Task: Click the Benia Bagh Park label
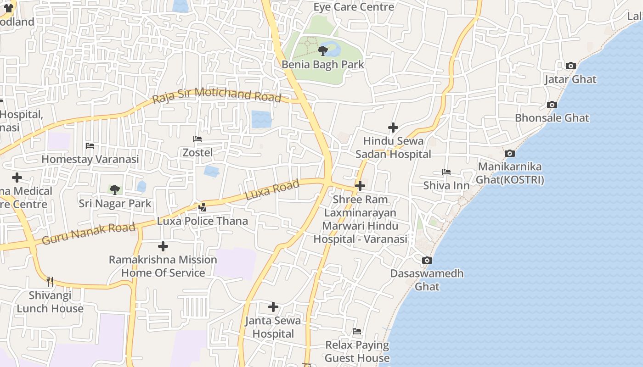point(322,64)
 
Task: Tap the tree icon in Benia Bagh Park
point(322,50)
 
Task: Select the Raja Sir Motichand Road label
point(216,95)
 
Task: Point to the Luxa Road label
point(272,189)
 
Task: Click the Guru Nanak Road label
point(89,233)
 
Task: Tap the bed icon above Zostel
point(197,139)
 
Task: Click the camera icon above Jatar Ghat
point(570,66)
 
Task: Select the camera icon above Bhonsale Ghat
point(552,105)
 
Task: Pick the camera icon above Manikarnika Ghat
point(509,154)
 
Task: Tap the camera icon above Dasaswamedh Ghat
point(427,261)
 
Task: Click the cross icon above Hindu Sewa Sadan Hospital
point(393,127)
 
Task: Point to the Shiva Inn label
point(446,186)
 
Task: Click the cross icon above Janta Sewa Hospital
point(273,307)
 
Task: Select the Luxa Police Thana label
point(202,221)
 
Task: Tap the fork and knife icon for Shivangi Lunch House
point(50,282)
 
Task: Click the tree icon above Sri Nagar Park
point(114,189)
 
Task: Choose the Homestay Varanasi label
point(90,159)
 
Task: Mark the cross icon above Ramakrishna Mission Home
point(163,246)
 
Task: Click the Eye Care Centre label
point(354,7)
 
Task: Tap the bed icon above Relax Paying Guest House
point(357,331)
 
